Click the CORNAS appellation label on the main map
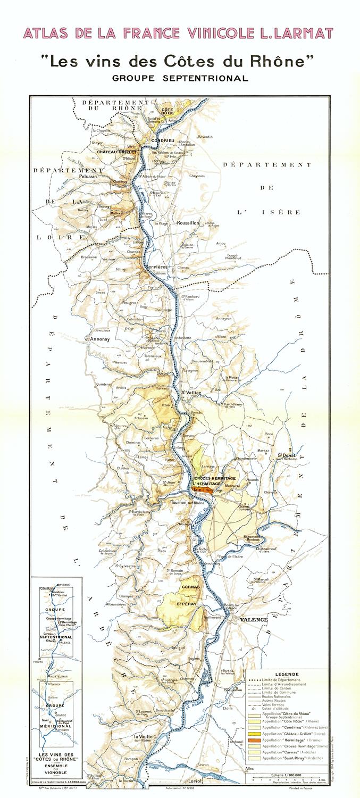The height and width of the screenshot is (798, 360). [x=190, y=587]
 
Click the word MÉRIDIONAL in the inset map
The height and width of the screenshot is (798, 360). [x=55, y=726]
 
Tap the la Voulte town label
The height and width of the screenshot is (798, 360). [x=143, y=737]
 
